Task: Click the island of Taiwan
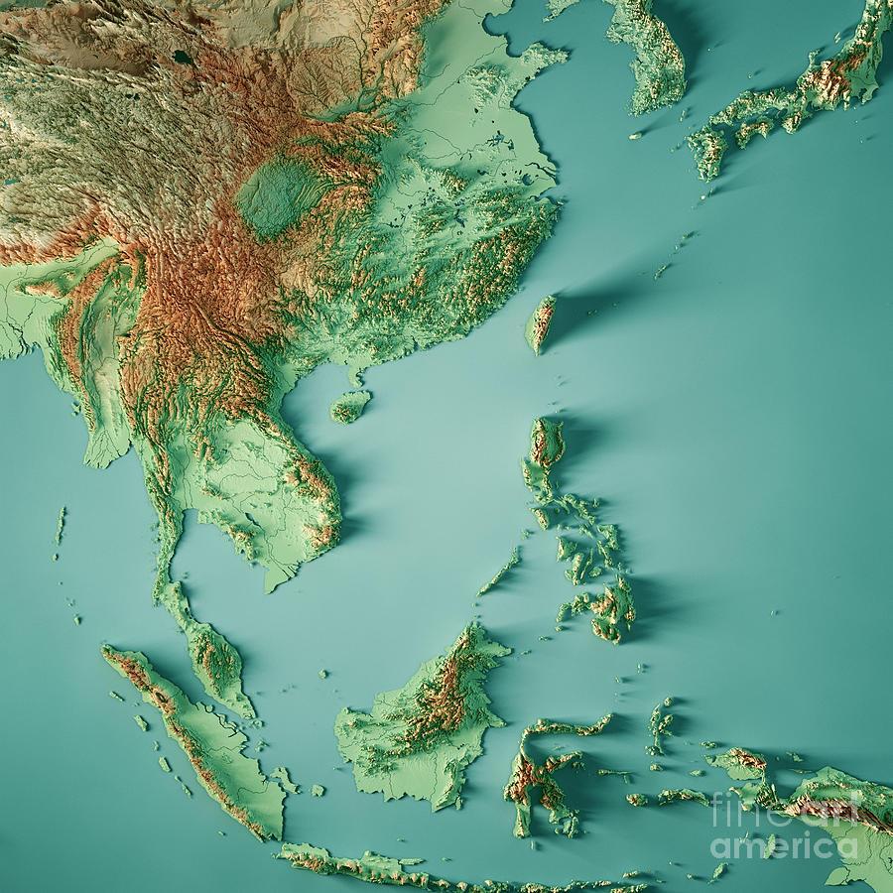click(541, 323)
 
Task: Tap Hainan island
click(350, 405)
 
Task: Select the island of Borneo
click(422, 719)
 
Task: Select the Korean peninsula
click(655, 55)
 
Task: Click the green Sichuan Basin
click(278, 198)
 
